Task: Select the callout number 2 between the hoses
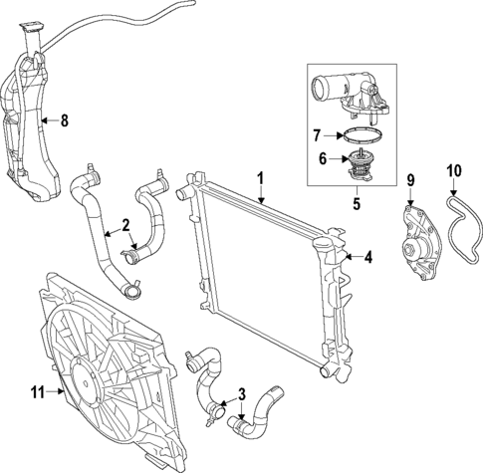(x=126, y=224)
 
